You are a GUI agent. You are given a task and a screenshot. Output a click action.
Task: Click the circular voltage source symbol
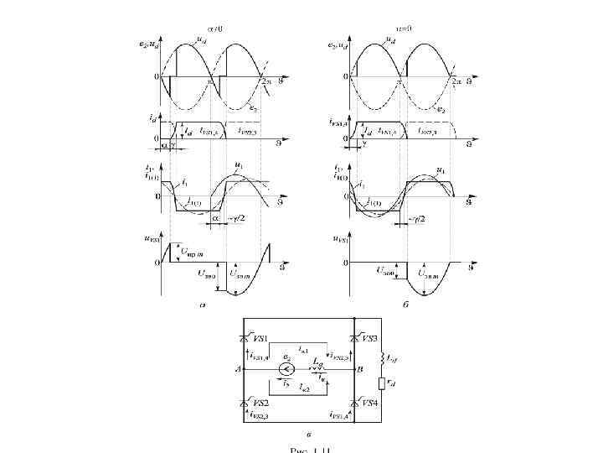286,369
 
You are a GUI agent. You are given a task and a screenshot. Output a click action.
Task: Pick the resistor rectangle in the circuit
382,384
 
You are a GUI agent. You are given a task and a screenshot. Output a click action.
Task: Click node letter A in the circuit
238,369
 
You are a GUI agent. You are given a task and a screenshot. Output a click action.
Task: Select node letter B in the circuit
358,369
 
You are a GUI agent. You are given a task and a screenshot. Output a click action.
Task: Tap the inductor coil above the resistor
382,358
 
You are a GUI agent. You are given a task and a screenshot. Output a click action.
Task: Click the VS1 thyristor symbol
245,337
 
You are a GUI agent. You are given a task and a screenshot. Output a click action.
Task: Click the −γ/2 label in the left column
236,220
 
